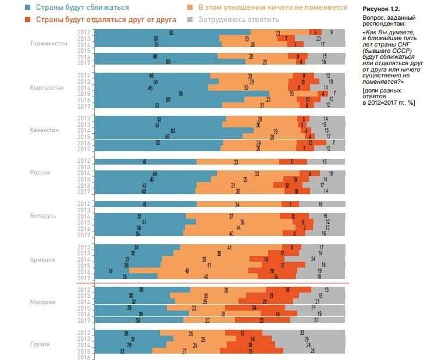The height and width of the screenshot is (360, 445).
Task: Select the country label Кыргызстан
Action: [47, 87]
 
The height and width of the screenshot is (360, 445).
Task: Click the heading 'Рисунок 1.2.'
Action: [381, 10]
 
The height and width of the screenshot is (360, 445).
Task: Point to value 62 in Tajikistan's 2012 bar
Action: [172, 33]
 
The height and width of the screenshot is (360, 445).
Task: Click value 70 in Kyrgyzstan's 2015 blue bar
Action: [181, 94]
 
